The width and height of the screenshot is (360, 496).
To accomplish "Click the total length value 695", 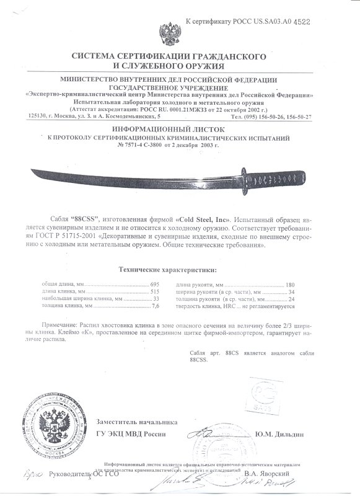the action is [x=156, y=283].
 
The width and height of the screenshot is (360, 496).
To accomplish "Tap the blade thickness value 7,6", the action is [x=156, y=306].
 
